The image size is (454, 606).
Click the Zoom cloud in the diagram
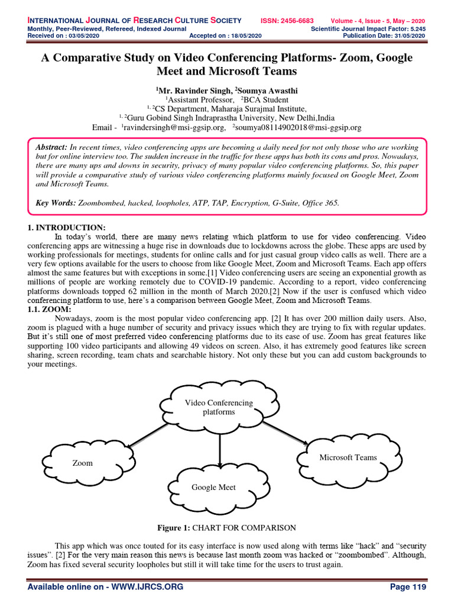point(83,463)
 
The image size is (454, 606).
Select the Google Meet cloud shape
point(213,487)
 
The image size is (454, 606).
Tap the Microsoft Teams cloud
point(348,457)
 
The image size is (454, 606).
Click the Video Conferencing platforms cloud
point(219,407)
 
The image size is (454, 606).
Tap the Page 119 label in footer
point(408,586)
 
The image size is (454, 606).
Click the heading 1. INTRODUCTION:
point(68,228)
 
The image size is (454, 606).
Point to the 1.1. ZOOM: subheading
point(50,309)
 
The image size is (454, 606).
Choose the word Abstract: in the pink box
point(51,146)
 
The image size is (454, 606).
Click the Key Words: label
point(56,203)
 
